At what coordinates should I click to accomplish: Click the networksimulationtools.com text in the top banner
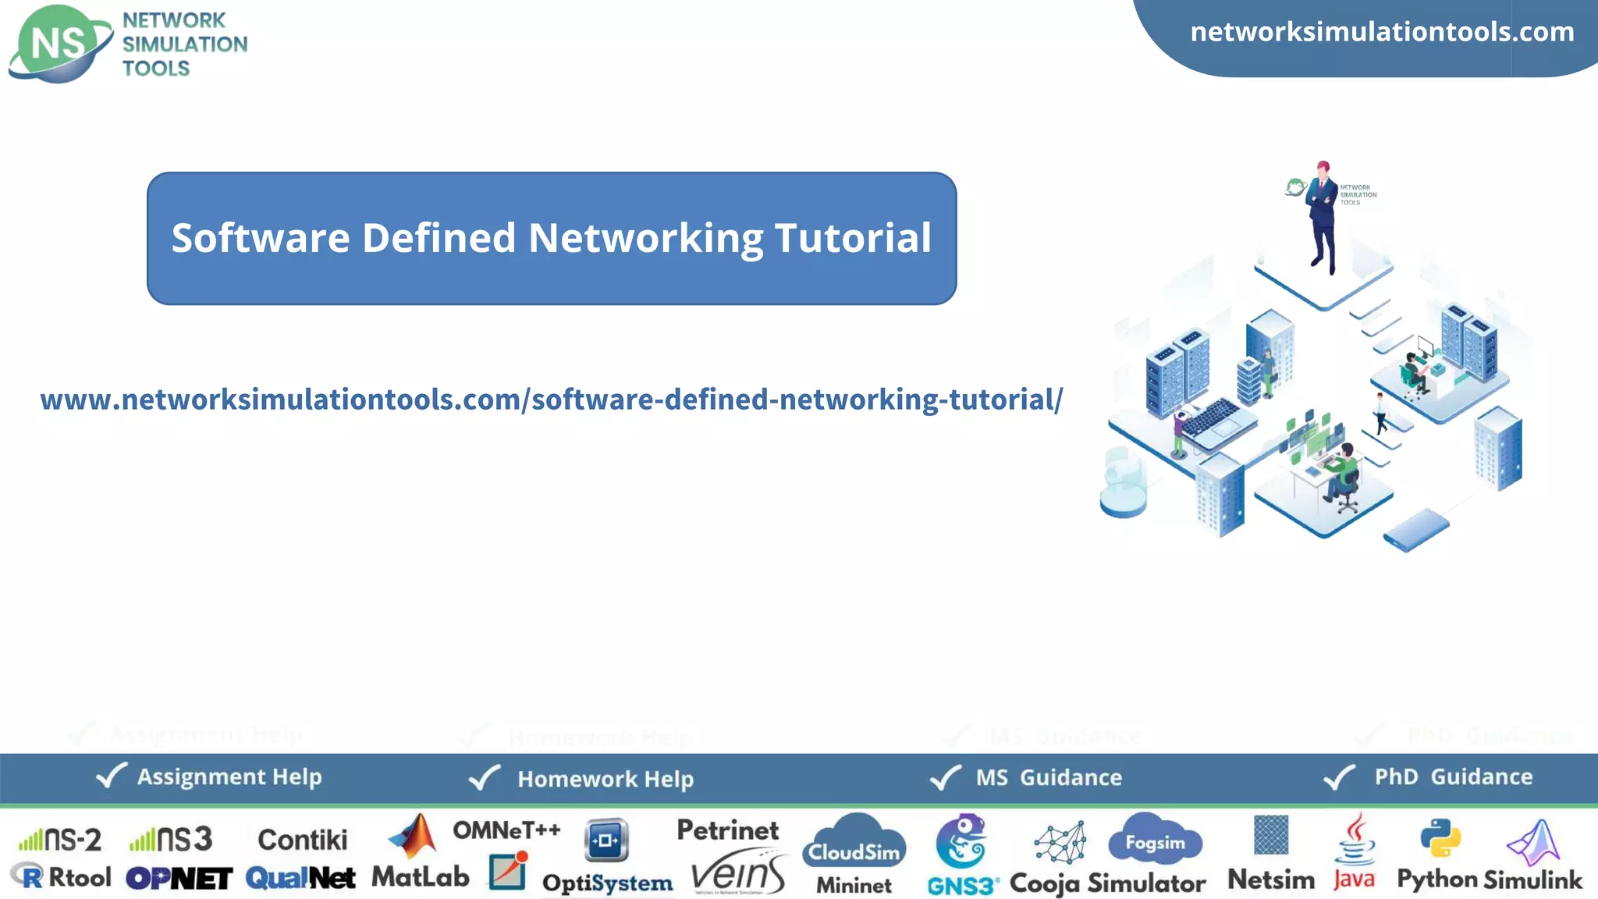point(1382,32)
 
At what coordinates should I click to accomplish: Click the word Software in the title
point(261,238)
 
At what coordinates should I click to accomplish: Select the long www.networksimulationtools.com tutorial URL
point(551,400)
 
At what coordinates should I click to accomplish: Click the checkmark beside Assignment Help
point(111,776)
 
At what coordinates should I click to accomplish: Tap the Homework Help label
point(605,779)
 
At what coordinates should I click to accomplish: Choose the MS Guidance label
point(1049,777)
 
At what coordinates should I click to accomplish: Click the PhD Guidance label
point(1453,776)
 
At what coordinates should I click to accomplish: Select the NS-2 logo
point(61,840)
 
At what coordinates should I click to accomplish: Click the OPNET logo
point(179,879)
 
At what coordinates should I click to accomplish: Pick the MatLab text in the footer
point(420,877)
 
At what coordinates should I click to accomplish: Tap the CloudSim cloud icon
point(854,843)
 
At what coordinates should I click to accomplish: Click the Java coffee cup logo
point(1355,841)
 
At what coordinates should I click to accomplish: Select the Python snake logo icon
point(1440,838)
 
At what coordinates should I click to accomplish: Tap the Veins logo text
point(738,874)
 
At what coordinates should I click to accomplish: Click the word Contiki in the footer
point(303,840)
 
